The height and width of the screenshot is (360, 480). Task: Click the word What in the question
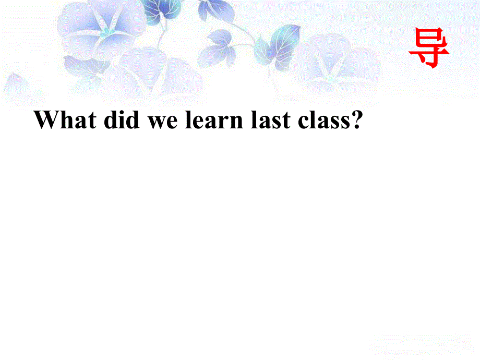65,121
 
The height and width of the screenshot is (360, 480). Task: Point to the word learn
214,121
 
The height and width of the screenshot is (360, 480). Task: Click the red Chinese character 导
429,47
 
